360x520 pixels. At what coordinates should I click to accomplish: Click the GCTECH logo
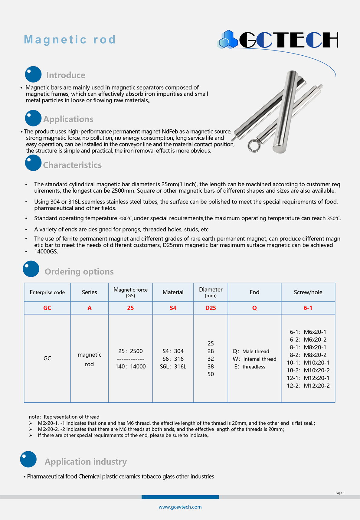(x=278, y=40)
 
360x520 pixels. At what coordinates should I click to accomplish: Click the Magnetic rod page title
(x=70, y=40)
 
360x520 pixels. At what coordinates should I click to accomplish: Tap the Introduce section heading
(x=66, y=75)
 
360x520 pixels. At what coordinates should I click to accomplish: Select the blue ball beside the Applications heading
(x=33, y=118)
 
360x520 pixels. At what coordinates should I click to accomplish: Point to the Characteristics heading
(x=72, y=165)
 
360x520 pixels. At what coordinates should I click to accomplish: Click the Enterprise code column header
(x=47, y=292)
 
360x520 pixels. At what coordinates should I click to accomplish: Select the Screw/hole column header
(x=308, y=292)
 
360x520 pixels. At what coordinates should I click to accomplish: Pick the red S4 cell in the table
(x=173, y=308)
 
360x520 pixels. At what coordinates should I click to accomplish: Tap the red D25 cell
(x=211, y=308)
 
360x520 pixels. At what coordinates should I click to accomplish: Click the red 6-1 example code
(x=308, y=308)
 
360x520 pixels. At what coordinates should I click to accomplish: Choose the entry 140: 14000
(x=130, y=366)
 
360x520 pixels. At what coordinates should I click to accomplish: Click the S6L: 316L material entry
(x=173, y=366)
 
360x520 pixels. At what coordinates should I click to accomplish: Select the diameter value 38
(x=211, y=366)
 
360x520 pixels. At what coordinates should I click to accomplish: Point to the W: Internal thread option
(x=254, y=359)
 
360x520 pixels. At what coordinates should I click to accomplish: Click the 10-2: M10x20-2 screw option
(x=308, y=370)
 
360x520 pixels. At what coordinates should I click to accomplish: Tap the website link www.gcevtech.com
(x=180, y=507)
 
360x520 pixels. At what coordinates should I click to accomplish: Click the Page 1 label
(x=340, y=493)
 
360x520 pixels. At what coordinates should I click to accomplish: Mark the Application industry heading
(x=86, y=462)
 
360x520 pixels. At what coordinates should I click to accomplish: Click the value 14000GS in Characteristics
(x=46, y=251)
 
